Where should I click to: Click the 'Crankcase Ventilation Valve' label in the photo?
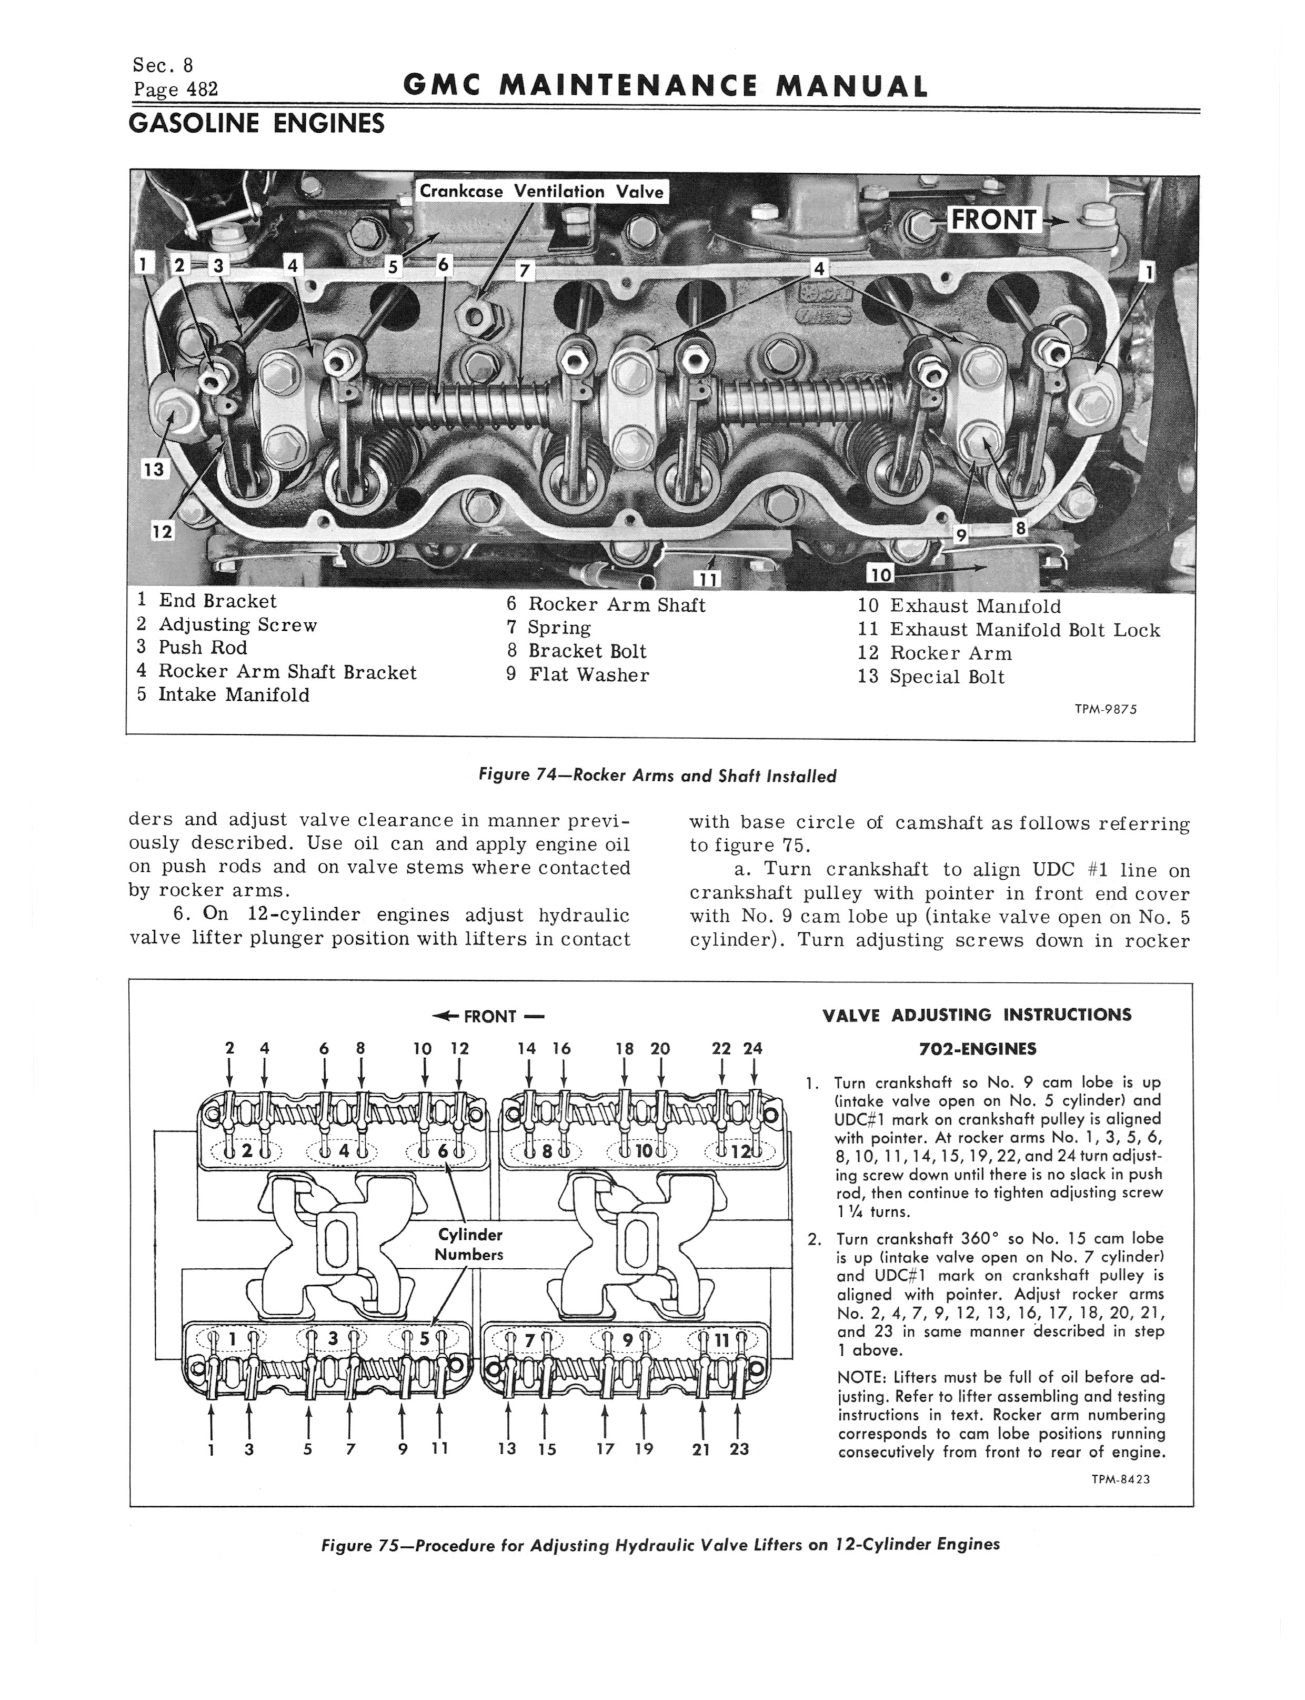tap(541, 191)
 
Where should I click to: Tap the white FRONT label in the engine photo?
tap(993, 220)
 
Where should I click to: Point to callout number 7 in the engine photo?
tap(526, 271)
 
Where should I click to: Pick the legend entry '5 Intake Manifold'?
tap(223, 694)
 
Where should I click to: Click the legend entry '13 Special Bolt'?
tap(930, 677)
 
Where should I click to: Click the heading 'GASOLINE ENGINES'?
tap(256, 123)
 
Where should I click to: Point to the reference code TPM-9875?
tap(1106, 709)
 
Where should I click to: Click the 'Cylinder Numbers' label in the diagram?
tap(470, 1244)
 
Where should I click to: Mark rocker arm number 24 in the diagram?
tap(752, 1048)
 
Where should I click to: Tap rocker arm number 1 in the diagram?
tap(212, 1448)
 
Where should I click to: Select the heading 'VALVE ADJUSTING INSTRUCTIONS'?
tap(977, 1015)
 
